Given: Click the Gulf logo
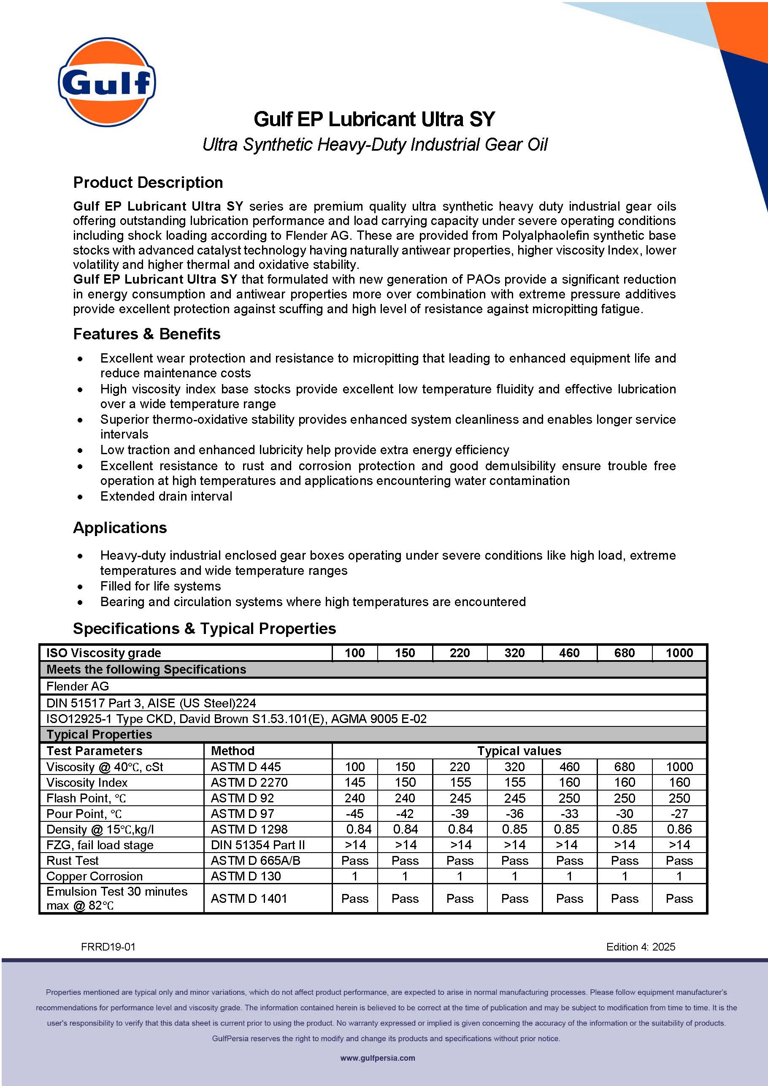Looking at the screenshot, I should point(106,82).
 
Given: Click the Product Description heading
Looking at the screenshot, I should point(148,183).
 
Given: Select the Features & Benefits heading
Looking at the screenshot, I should point(146,334).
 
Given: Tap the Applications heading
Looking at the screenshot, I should point(120,528).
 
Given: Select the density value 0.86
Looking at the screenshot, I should point(679,829).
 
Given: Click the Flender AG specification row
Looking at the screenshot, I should point(78,686).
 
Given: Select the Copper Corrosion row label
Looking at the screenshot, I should point(94,876).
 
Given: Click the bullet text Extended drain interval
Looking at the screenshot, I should point(166,496).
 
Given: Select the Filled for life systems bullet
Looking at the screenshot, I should point(160,586).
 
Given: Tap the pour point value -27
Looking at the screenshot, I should point(679,814).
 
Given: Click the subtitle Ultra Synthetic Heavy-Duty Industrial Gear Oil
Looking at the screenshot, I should point(375,144).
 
